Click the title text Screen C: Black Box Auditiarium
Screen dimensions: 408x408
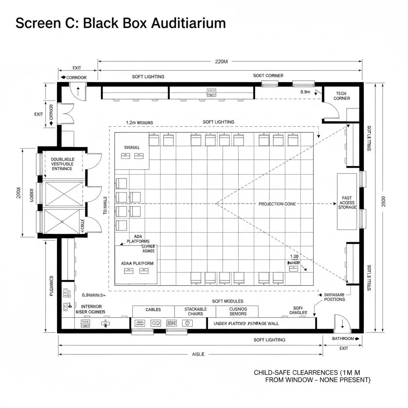[x=120, y=24]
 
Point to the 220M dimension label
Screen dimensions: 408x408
[x=221, y=62]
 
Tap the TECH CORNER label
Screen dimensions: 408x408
[x=342, y=96]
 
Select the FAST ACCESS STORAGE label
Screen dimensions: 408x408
[x=347, y=202]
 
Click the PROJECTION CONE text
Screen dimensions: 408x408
[x=277, y=204]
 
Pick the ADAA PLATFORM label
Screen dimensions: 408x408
[x=137, y=263]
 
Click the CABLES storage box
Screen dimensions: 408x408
[x=153, y=310]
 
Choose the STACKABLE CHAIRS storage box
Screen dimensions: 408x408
[x=195, y=311]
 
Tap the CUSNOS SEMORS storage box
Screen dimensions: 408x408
[x=238, y=311]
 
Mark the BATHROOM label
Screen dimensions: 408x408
[x=343, y=339]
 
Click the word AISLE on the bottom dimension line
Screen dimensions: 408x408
[x=198, y=354]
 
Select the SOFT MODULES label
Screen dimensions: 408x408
[x=228, y=301]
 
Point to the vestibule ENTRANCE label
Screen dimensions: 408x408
[x=62, y=169]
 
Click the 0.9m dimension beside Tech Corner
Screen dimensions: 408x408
[x=305, y=92]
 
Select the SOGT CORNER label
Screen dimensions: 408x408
[x=268, y=76]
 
